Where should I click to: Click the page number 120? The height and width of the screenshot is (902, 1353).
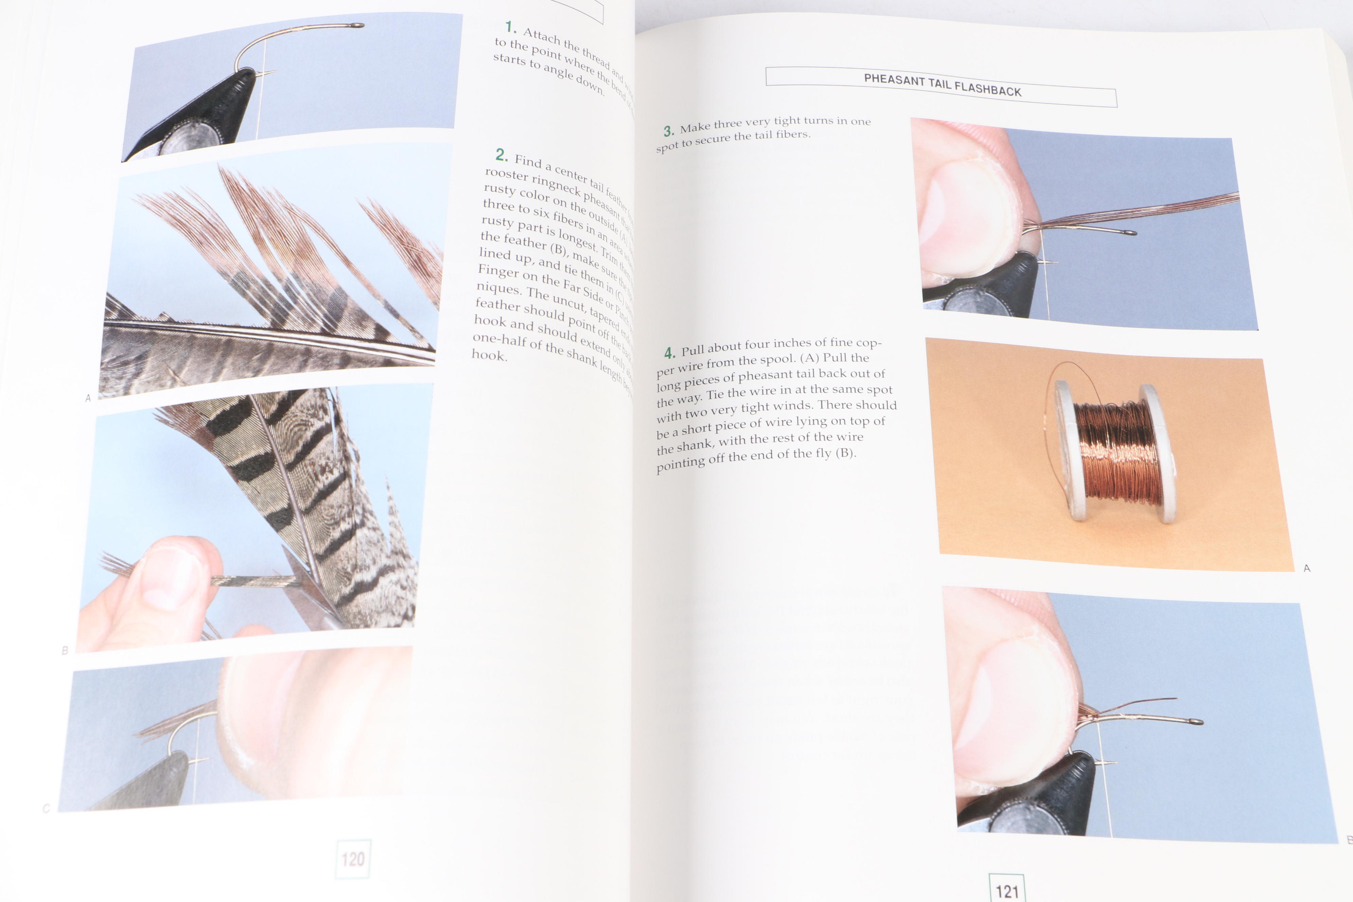[353, 859]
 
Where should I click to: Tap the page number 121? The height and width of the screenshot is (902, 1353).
[1007, 891]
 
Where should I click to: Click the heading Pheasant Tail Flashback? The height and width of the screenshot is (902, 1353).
[942, 85]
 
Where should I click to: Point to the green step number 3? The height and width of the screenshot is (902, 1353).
[668, 131]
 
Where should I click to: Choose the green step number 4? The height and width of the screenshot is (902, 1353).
[670, 353]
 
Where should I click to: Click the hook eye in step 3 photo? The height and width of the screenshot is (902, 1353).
[1132, 233]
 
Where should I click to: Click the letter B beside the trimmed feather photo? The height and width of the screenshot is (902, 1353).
[65, 650]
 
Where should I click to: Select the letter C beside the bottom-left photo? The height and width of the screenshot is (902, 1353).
[47, 808]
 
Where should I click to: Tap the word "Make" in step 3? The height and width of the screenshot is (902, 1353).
[695, 128]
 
